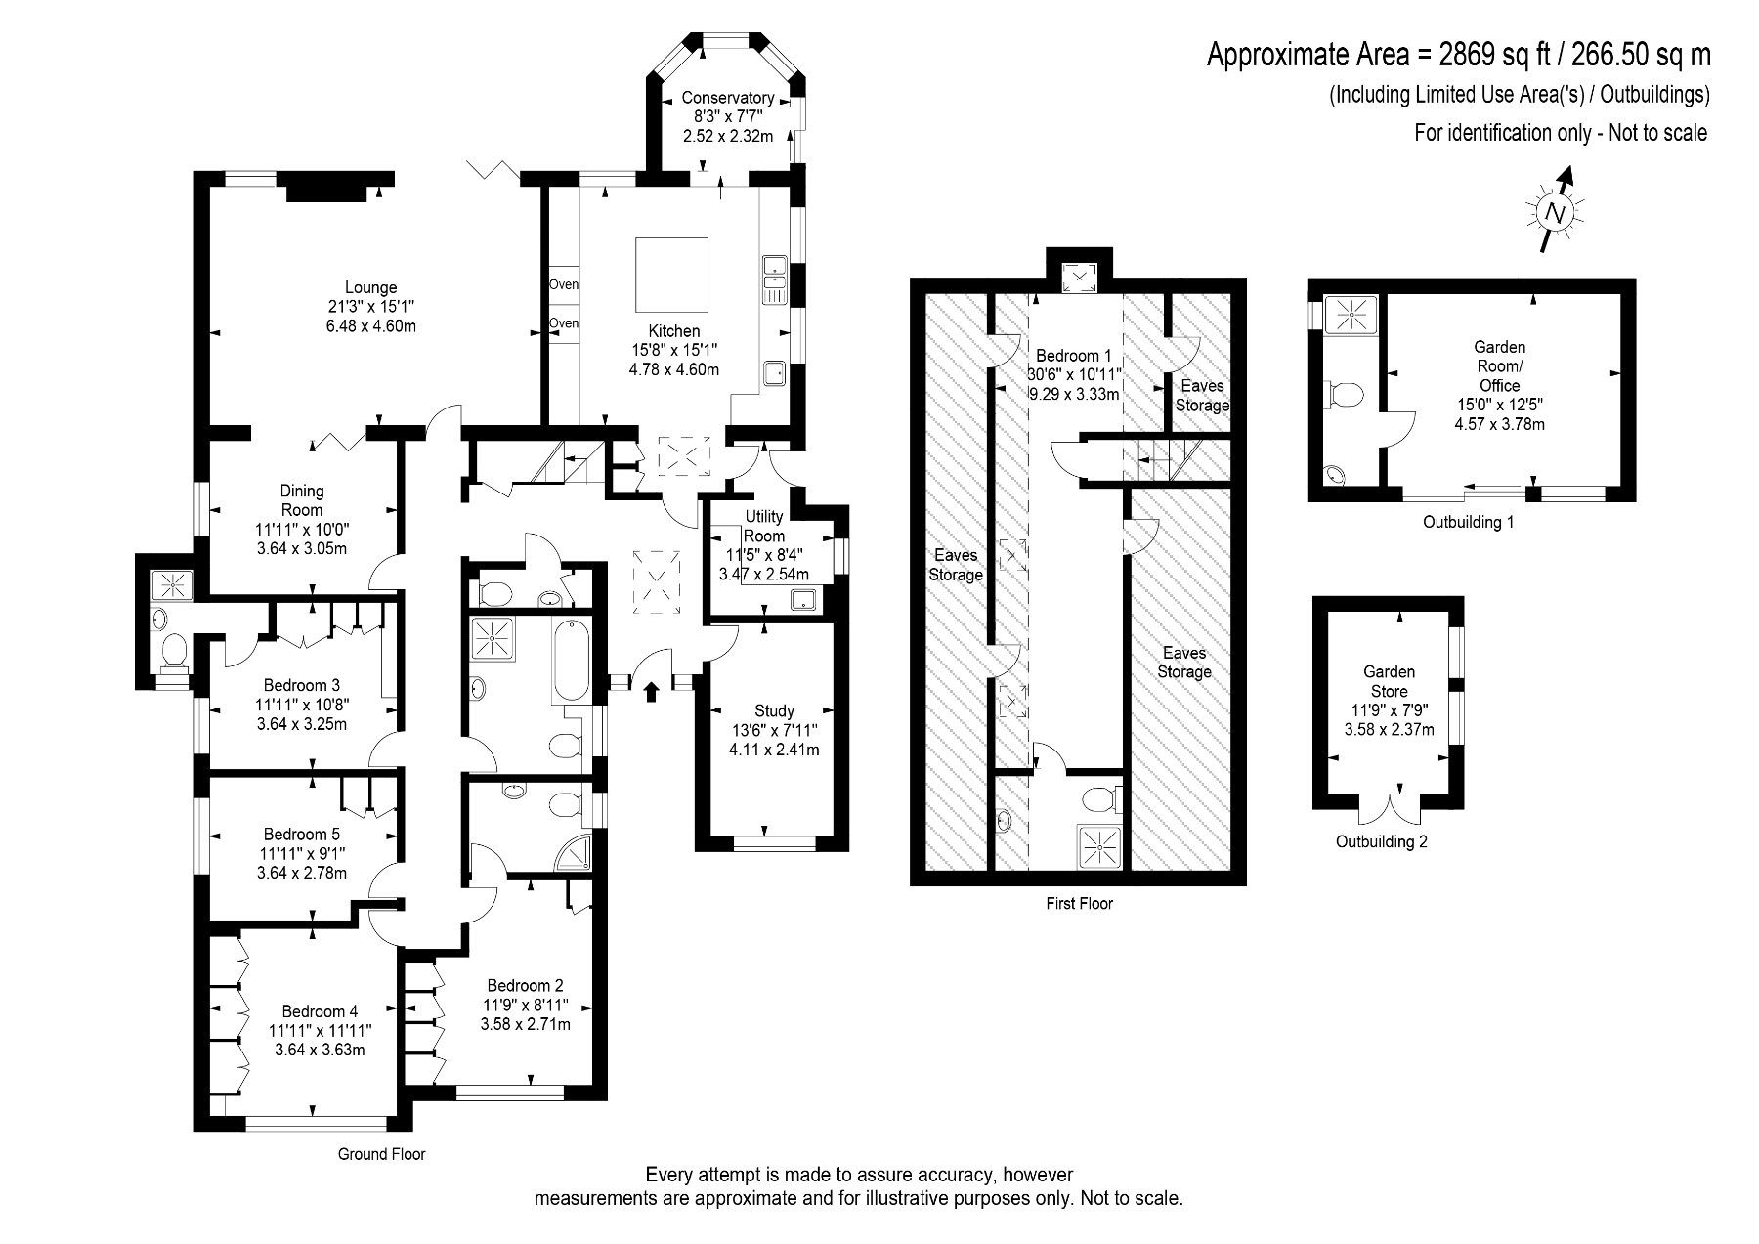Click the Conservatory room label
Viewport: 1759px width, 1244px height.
(728, 98)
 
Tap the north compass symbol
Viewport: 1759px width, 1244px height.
(1555, 211)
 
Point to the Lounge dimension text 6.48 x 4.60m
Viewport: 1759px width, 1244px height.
(370, 325)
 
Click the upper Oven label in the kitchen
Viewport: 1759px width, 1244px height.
(564, 284)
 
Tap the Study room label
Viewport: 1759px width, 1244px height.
(774, 711)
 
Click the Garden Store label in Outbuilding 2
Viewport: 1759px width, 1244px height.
(1389, 681)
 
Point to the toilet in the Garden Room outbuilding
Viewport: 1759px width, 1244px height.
(1346, 394)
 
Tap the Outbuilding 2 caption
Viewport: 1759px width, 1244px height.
(1382, 841)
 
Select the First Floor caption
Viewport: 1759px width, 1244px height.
(1079, 904)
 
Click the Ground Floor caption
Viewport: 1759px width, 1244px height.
(382, 1154)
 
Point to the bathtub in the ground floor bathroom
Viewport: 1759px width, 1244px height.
(571, 659)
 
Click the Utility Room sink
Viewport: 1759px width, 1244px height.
(804, 600)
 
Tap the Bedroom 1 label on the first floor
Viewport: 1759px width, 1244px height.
(1073, 356)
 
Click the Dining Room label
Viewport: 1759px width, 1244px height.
(302, 500)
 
